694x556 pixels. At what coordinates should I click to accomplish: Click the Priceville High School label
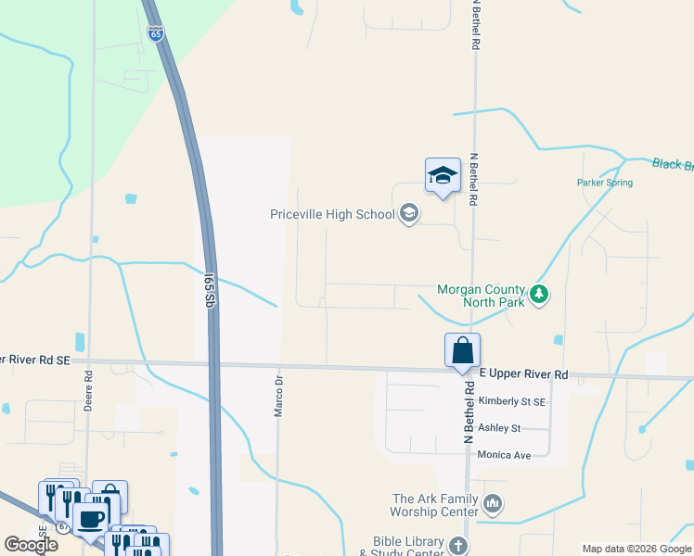click(x=331, y=214)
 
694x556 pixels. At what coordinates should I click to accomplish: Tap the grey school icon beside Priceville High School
click(x=408, y=214)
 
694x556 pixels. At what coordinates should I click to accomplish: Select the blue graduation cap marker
click(x=443, y=175)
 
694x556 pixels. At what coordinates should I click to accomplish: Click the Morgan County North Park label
click(x=482, y=297)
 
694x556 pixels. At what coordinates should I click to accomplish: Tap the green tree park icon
click(x=539, y=297)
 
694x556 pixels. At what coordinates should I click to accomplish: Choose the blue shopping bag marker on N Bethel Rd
click(x=462, y=351)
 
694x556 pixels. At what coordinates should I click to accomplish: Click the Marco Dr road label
click(x=277, y=396)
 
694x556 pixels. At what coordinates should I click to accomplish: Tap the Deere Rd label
click(x=89, y=390)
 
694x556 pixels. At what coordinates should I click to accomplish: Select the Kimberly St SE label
click(x=511, y=402)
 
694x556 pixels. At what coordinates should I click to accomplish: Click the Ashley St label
click(x=499, y=428)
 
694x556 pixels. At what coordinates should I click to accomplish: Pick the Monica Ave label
click(x=503, y=455)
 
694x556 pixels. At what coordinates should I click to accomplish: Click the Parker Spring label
click(x=605, y=183)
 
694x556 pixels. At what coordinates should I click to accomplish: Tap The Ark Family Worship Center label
click(x=435, y=505)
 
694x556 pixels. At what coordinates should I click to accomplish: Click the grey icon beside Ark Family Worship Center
click(x=493, y=505)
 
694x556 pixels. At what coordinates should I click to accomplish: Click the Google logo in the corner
click(x=31, y=545)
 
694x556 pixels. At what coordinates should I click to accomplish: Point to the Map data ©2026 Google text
click(x=636, y=549)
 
